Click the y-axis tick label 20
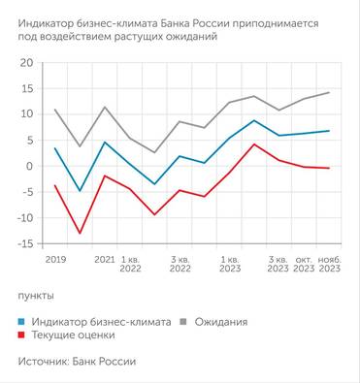[x=26, y=62]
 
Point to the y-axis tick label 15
[x=26, y=88]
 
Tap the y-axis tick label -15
[x=24, y=243]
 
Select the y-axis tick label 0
[x=30, y=166]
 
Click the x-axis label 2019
[x=55, y=260]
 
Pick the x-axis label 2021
[x=105, y=260]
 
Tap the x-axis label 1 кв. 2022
[x=130, y=265]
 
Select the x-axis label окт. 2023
[x=303, y=265]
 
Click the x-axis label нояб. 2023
[x=330, y=265]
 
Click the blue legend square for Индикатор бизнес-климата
[x=21, y=321]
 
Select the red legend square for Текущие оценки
[x=21, y=335]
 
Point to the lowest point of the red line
[x=80, y=233]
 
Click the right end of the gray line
[x=329, y=93]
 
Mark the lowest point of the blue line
[x=80, y=191]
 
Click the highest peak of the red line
[x=253, y=144]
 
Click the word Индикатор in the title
[x=51, y=20]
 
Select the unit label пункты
[x=36, y=295]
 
